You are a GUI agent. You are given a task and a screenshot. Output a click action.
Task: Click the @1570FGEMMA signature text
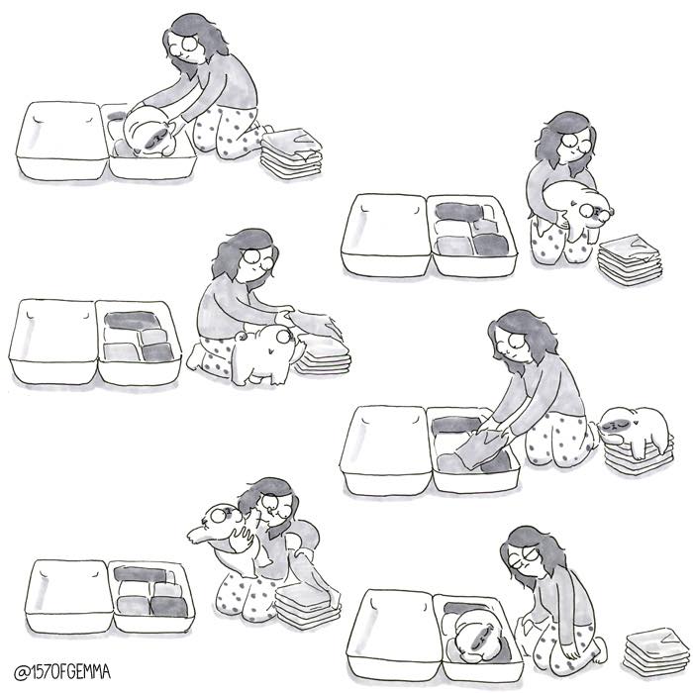(x=61, y=672)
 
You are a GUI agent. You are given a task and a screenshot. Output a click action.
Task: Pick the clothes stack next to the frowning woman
(x=655, y=651)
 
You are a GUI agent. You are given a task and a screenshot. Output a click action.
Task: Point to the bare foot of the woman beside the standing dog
(x=194, y=357)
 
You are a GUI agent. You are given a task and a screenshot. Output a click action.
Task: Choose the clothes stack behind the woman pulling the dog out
(x=291, y=152)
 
